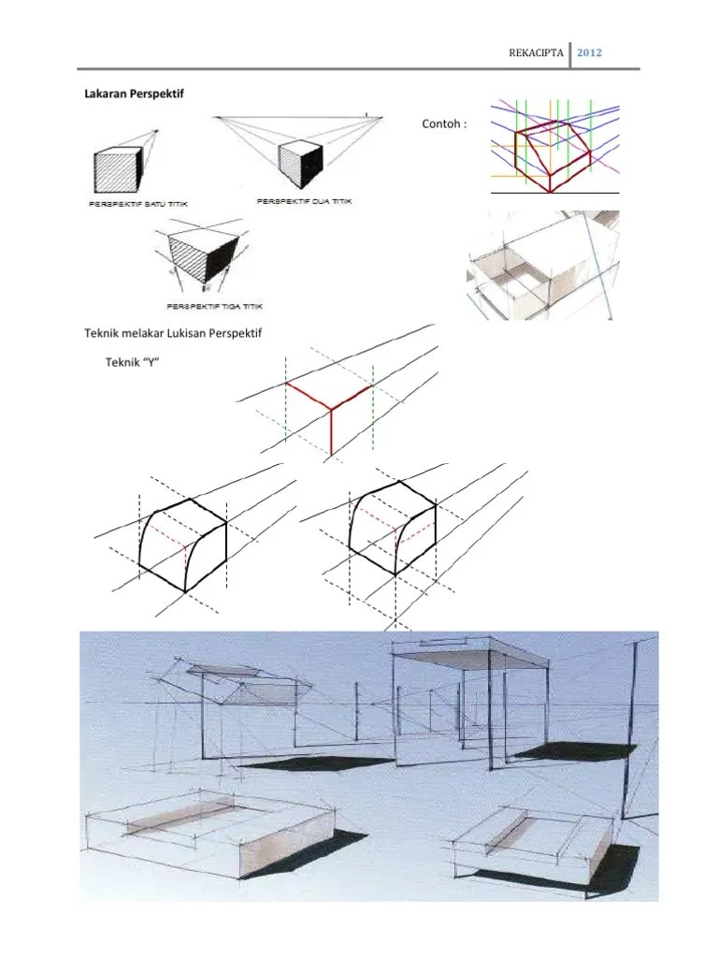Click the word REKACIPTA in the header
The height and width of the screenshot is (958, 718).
[x=536, y=52]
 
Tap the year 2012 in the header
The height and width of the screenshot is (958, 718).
[x=589, y=52]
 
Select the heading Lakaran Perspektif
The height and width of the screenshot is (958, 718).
[x=134, y=94]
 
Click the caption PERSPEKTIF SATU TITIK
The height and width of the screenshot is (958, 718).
[x=138, y=204]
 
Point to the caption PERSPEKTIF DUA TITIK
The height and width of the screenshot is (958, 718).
[x=304, y=201]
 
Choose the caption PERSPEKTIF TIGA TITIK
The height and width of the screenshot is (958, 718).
[x=214, y=306]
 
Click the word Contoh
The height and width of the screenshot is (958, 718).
[x=444, y=124]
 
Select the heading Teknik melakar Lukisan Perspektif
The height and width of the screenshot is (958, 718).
[x=173, y=333]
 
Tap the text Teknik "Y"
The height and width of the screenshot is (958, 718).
[x=132, y=362]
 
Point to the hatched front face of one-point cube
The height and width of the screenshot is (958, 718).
[x=115, y=172]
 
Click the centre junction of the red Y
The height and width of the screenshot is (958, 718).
[x=332, y=408]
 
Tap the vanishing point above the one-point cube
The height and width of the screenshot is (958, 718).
[x=156, y=130]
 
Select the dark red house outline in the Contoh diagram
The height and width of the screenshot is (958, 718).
[x=553, y=156]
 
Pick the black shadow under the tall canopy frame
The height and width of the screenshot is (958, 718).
[x=574, y=750]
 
